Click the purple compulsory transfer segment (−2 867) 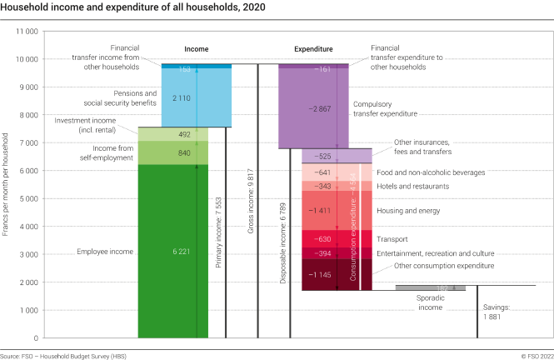(x=313, y=108)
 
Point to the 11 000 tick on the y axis (x=27, y=31)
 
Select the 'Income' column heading (x=197, y=49)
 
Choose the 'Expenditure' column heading (x=313, y=49)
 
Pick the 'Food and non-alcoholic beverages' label (x=441, y=172)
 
